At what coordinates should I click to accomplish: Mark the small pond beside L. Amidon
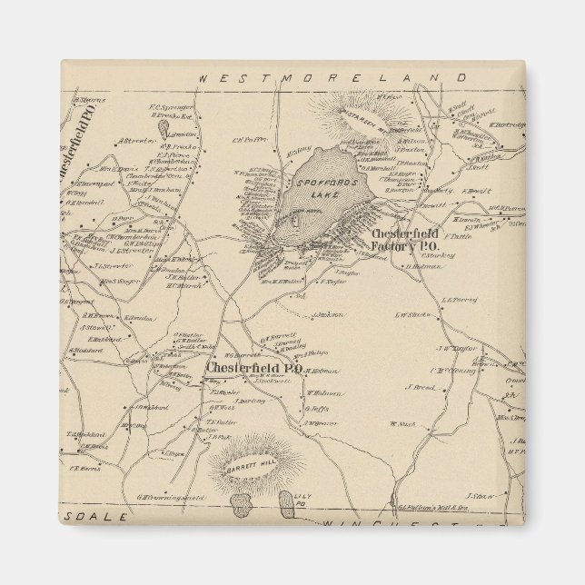coord(166,128)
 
